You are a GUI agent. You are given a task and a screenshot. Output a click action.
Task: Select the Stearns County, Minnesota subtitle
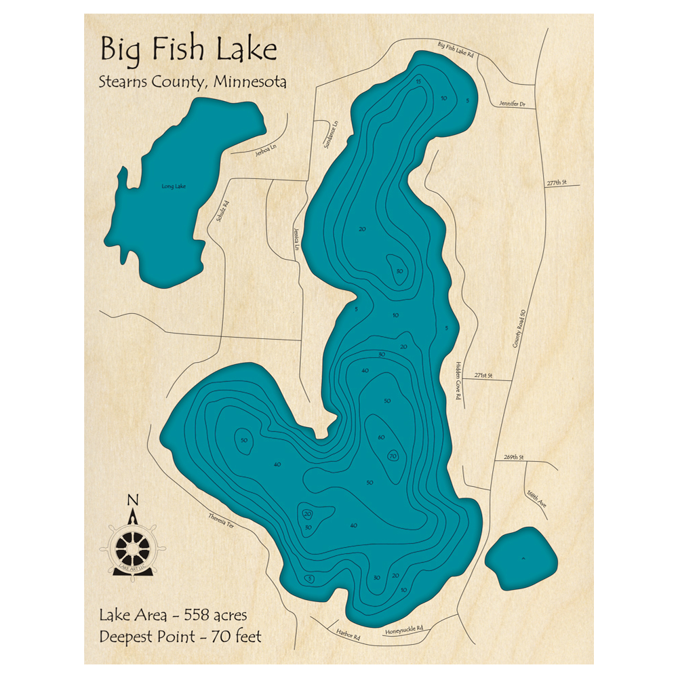tap(193, 82)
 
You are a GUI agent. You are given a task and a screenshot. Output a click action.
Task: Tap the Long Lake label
tap(174, 186)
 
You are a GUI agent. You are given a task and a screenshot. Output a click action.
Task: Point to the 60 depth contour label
tap(381, 437)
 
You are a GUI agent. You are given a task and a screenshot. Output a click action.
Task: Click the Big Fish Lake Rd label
tap(455, 48)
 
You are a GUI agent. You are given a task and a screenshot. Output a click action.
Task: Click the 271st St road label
tap(483, 375)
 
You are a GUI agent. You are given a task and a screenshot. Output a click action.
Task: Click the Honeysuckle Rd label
tap(404, 629)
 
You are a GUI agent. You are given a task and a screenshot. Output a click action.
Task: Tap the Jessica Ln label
tap(296, 239)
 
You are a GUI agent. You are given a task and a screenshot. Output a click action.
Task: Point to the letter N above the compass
tap(133, 500)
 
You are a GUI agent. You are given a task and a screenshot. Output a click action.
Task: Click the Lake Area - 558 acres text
tap(173, 616)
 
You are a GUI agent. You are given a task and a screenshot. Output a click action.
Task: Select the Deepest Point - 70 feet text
tap(180, 637)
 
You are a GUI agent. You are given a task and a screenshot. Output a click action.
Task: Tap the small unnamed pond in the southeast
tap(521, 559)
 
